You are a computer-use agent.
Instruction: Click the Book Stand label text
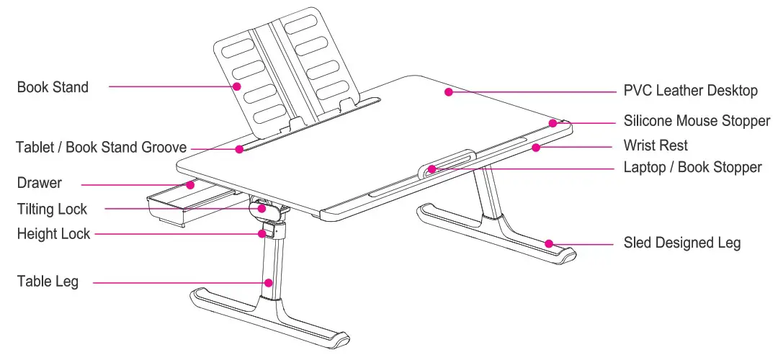(53, 87)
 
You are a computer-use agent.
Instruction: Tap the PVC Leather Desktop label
(690, 91)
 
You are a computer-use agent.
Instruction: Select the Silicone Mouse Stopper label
(697, 121)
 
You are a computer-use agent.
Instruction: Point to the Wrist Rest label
(656, 145)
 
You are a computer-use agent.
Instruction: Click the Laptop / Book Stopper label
(692, 167)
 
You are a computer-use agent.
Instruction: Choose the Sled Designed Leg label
(681, 243)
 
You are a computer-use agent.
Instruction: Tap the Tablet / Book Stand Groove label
(101, 148)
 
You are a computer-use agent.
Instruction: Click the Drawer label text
(39, 183)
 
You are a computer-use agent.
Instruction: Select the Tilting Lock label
(52, 210)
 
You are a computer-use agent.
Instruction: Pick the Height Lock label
(53, 234)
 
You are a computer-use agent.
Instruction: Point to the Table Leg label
(48, 282)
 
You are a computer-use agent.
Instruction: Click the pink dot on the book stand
(237, 86)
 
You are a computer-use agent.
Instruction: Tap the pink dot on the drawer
(190, 184)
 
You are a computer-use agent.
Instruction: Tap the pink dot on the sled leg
(548, 243)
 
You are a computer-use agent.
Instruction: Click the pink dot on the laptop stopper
(430, 169)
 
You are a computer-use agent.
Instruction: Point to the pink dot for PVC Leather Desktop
(447, 91)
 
